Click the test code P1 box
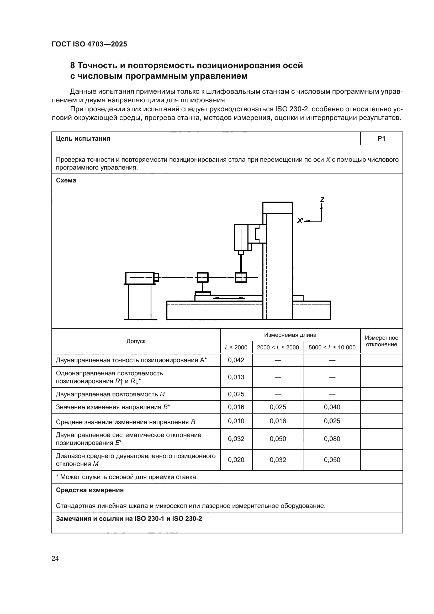381,139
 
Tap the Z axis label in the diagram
322,200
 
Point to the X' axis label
300,221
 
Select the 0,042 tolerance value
236,360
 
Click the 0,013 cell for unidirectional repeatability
236,377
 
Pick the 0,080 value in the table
332,439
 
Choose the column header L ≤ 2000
236,347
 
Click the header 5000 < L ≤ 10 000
332,347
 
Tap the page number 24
55,558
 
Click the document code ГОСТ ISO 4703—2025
89,44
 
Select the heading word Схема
66,180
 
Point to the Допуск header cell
136,341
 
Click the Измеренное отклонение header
381,341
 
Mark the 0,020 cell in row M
236,460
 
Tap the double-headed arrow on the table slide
229,298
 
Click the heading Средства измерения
90,490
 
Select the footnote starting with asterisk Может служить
127,477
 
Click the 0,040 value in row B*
332,407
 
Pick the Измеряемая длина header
290,335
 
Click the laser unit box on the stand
140,278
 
